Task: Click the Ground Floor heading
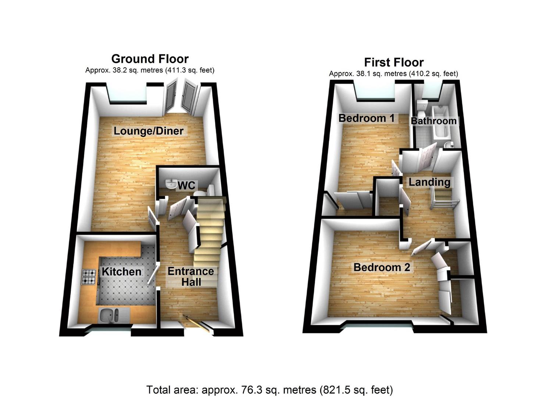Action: click(x=150, y=59)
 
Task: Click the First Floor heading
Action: click(x=393, y=62)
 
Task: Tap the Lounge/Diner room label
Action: click(x=148, y=131)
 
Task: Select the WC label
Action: click(x=186, y=186)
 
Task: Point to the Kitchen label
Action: click(x=121, y=272)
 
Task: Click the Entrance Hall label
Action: click(x=191, y=276)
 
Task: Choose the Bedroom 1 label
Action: click(x=366, y=118)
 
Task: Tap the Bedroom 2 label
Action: click(x=381, y=267)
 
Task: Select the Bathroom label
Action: click(x=433, y=121)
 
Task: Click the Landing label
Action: click(x=429, y=182)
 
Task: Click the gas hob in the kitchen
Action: click(x=89, y=277)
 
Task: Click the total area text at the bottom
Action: click(x=270, y=390)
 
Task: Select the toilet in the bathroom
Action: click(x=421, y=107)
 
